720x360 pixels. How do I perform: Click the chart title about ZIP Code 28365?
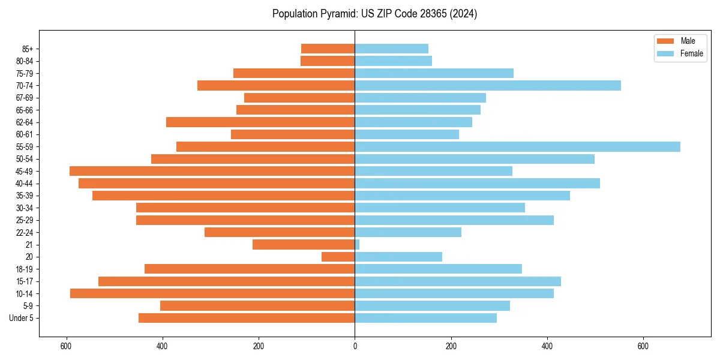(x=374, y=14)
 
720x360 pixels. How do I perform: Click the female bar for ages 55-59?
(x=517, y=146)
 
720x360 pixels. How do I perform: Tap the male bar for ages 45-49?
(x=212, y=171)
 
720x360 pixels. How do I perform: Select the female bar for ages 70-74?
(x=487, y=85)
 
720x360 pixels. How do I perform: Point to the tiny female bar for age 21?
(x=357, y=244)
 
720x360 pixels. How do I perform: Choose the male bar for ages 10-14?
(x=212, y=293)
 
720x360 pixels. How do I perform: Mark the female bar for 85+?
(x=391, y=49)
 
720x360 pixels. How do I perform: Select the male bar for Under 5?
(x=247, y=318)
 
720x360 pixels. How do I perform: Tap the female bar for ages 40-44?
(x=477, y=183)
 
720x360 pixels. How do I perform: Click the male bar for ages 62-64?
(x=260, y=122)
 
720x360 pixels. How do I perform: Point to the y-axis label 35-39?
(x=25, y=196)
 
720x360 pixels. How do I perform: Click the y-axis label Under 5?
(x=21, y=318)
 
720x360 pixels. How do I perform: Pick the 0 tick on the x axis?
(x=355, y=346)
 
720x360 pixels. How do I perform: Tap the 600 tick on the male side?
(x=66, y=346)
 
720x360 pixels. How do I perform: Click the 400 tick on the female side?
(x=547, y=346)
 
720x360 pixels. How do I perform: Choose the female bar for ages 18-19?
(x=438, y=269)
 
